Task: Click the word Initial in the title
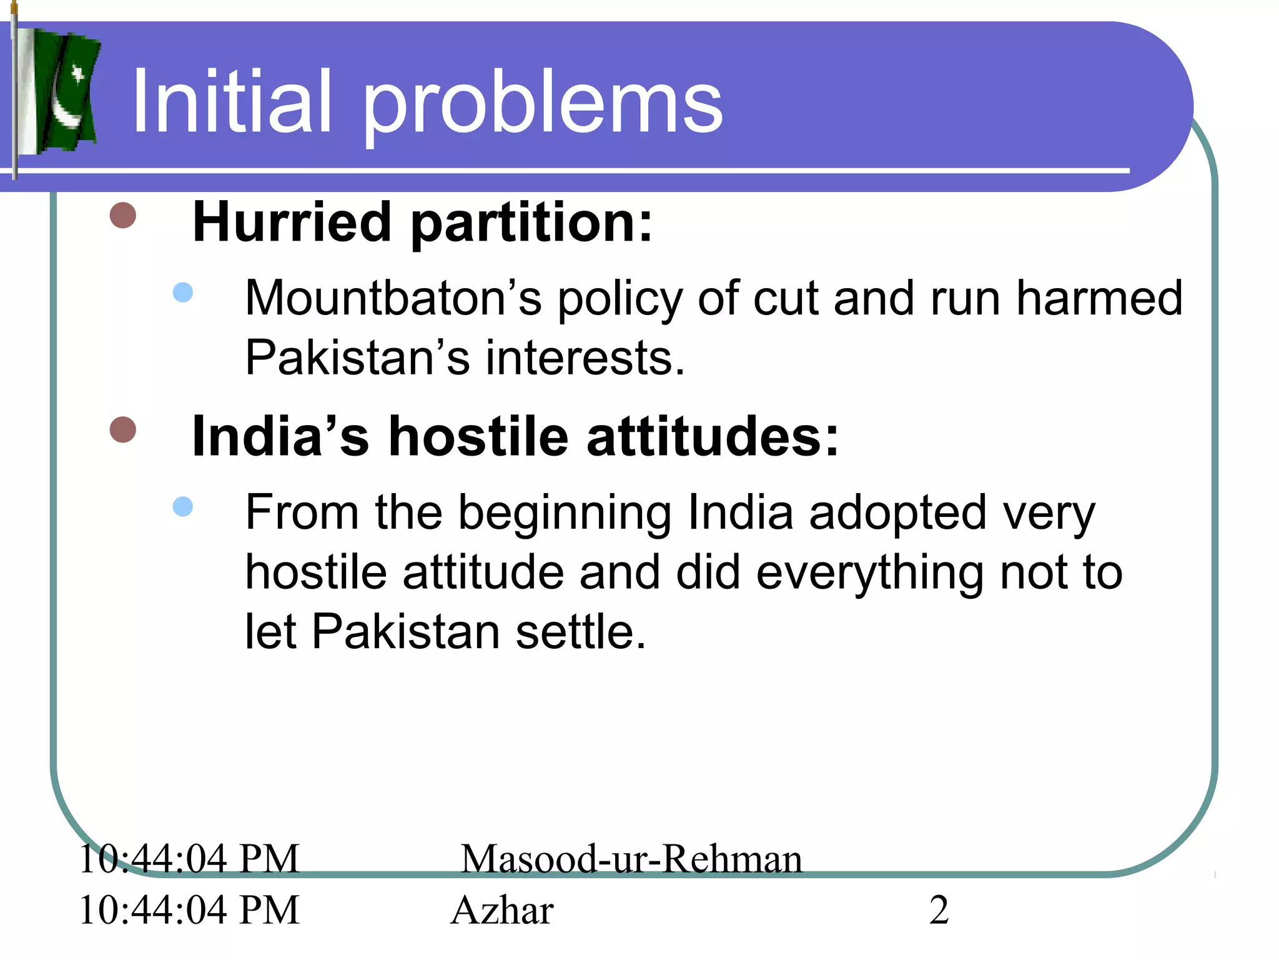point(231,101)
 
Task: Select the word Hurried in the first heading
point(292,222)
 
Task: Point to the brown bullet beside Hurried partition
point(122,215)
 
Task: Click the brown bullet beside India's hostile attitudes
point(122,429)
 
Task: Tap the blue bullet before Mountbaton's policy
point(183,292)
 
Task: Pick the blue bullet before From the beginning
point(183,506)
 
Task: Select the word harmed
point(1099,298)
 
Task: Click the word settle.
point(581,632)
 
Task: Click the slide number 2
point(939,910)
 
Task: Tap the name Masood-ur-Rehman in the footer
point(631,859)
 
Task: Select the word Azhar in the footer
point(502,910)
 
